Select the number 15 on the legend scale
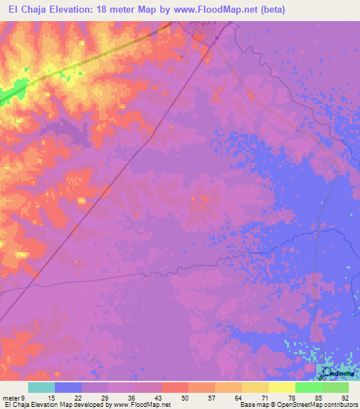point(51,397)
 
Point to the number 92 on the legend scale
point(344,397)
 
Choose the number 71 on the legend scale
point(264,397)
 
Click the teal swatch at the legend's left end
point(41,387)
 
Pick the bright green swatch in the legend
point(309,387)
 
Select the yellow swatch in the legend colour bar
point(282,387)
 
